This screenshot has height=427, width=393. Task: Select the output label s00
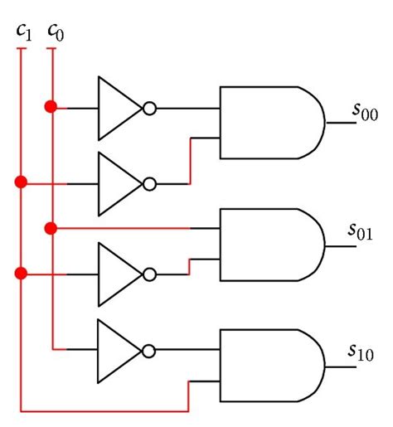(x=364, y=113)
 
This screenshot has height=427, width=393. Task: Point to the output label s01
(x=363, y=229)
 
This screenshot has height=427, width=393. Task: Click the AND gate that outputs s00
(x=269, y=122)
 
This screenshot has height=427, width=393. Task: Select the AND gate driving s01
(x=269, y=245)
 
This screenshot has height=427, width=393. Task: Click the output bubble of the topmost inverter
(x=149, y=109)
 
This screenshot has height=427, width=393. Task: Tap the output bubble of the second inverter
(x=149, y=182)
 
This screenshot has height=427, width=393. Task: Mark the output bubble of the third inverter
(x=149, y=273)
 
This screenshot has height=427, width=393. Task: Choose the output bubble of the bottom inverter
(x=149, y=350)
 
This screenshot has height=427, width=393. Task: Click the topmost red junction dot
(x=52, y=107)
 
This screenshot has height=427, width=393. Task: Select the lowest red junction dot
(x=22, y=273)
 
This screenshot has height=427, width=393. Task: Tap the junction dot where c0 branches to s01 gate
(x=51, y=227)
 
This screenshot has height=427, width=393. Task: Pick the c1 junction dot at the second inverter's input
(x=22, y=182)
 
